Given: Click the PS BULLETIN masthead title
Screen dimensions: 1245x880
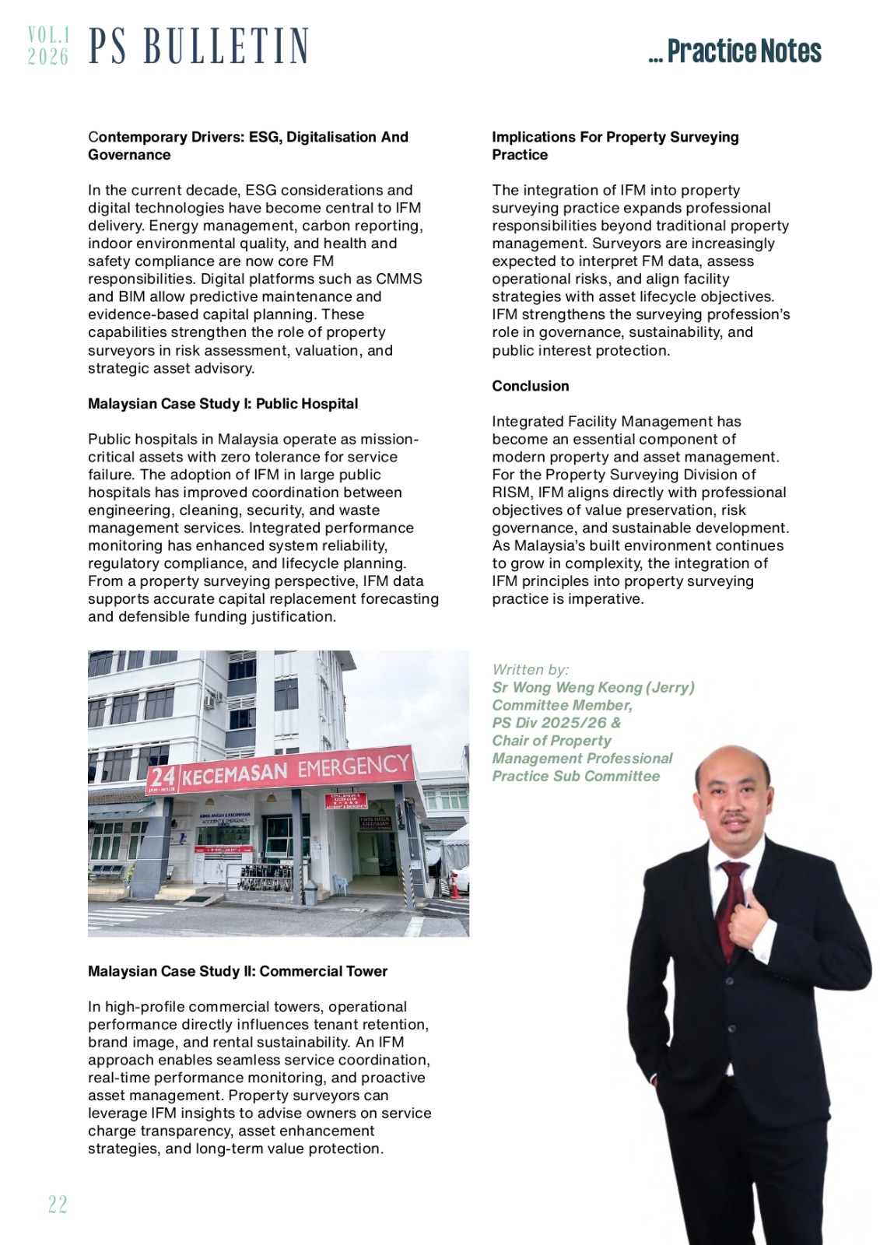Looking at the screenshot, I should (x=198, y=46).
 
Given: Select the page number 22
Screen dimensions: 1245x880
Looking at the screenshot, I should (x=58, y=1205).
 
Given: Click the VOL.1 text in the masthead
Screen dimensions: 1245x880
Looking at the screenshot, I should (x=48, y=35).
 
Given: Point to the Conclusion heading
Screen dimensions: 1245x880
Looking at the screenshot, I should (x=530, y=386).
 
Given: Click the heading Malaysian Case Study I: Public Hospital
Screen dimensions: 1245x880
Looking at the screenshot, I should (x=223, y=404).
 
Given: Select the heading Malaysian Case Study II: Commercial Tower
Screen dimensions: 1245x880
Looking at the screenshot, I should (x=237, y=971).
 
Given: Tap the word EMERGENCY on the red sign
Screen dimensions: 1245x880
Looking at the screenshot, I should (x=353, y=766).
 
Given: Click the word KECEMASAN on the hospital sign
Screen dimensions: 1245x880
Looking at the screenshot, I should (x=234, y=773).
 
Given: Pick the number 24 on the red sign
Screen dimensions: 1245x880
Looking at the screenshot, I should (x=163, y=777).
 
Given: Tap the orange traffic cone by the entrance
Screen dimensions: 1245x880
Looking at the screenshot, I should (x=455, y=887).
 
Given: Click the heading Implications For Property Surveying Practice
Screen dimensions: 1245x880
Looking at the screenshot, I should (x=615, y=146).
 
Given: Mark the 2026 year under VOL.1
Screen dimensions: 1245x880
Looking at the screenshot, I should (x=48, y=57).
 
